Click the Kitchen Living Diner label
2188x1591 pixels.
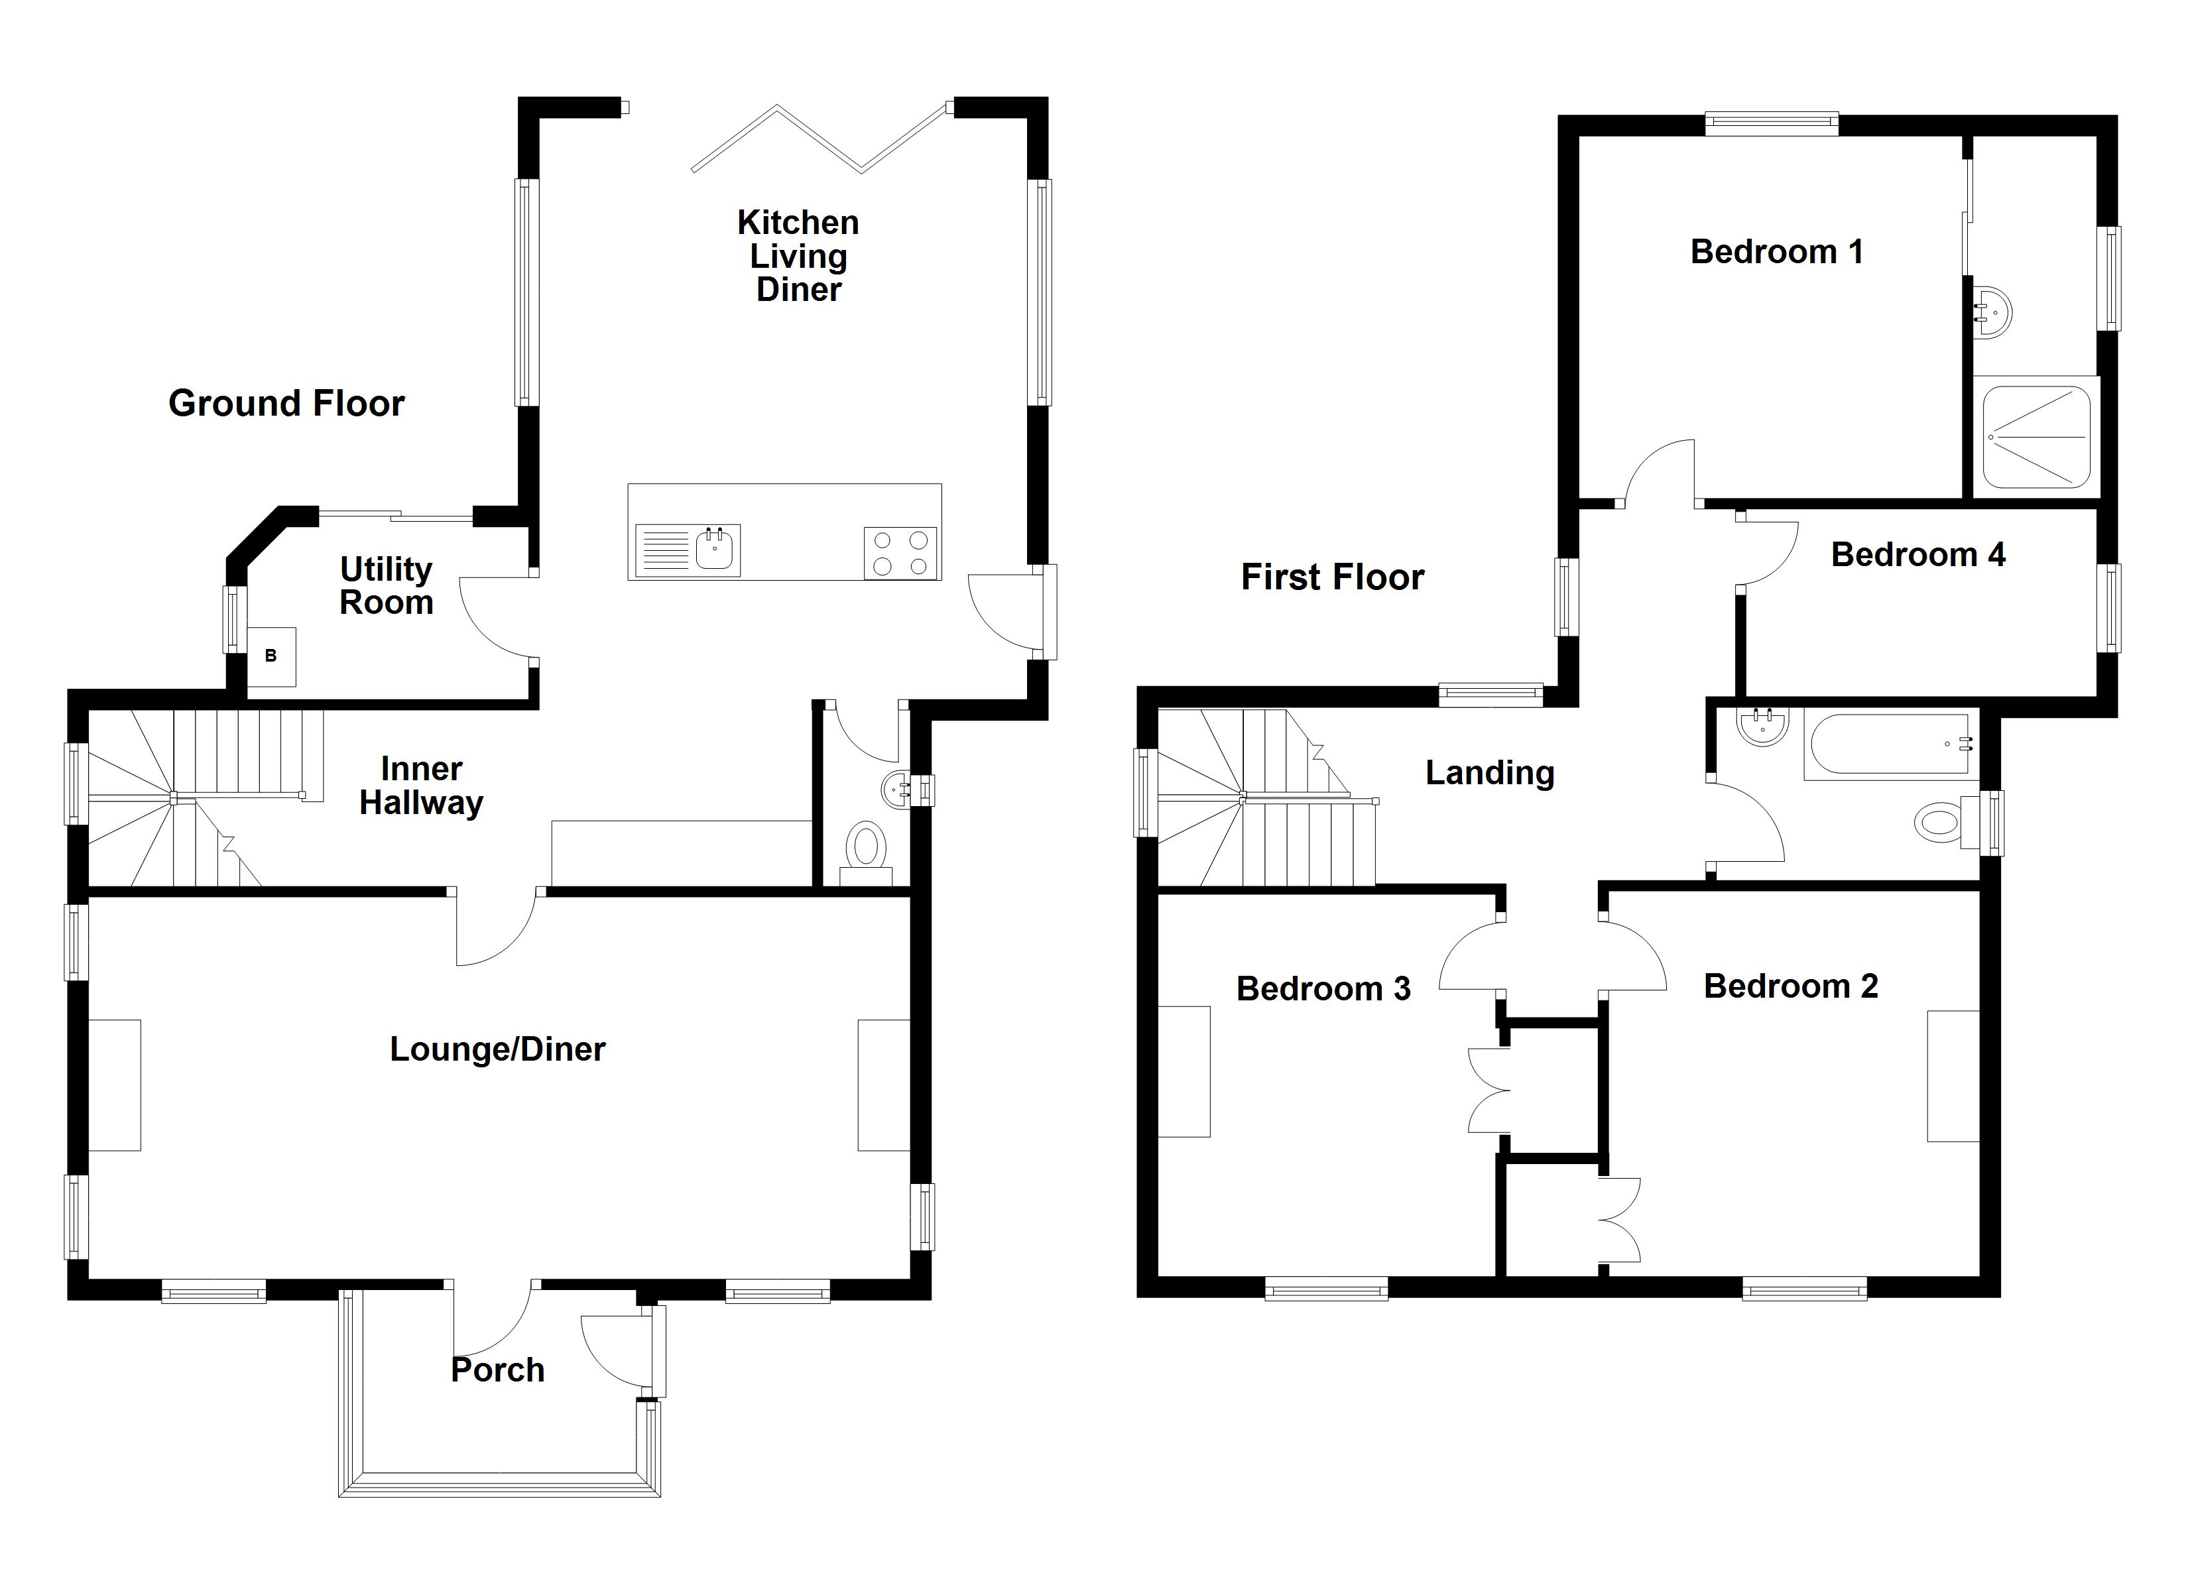coord(798,256)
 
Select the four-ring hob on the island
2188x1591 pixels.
coord(900,553)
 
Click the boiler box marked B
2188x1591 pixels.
coord(271,656)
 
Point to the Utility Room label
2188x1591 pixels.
coord(386,585)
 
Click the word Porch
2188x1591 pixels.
coord(498,1370)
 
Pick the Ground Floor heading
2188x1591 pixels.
coord(286,403)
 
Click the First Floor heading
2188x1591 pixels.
coord(1331,577)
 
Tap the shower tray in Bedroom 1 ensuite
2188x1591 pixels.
coord(2036,437)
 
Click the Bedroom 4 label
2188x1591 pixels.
coord(1918,555)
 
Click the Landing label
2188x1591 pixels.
coord(1490,773)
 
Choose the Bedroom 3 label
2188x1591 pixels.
coord(1323,989)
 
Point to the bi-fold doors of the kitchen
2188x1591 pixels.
coord(820,140)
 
